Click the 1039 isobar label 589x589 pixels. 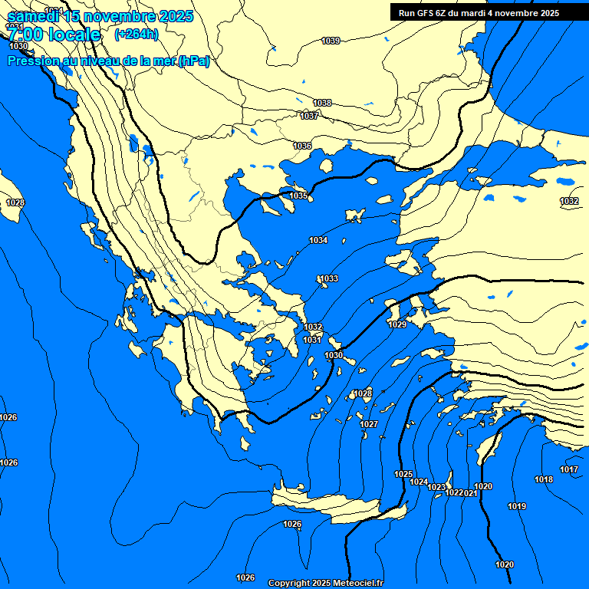(331, 41)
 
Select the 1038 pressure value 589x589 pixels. (322, 103)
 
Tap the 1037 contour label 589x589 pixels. (309, 116)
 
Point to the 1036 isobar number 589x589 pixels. (302, 146)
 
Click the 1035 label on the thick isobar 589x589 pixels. (298, 196)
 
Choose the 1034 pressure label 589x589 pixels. (318, 241)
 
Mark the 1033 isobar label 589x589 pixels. (329, 278)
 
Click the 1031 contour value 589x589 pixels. (311, 340)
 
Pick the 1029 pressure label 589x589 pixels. (397, 325)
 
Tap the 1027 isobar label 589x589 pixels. (369, 424)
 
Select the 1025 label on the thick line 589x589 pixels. (403, 474)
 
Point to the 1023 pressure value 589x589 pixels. (436, 487)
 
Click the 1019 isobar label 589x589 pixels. (517, 506)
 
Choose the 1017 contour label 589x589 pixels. (568, 469)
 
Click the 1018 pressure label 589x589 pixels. (544, 479)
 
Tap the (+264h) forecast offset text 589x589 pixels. (136, 34)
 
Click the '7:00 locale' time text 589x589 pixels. (54, 35)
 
